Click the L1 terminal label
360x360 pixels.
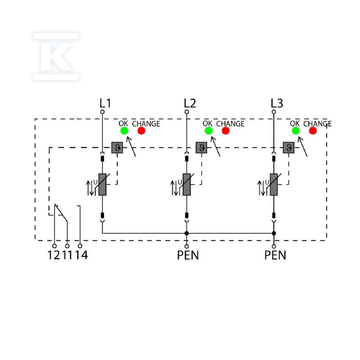point(105,103)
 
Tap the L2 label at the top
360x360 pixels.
point(190,103)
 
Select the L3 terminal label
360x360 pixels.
point(277,103)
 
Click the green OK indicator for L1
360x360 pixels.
point(125,130)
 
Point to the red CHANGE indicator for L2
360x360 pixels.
point(226,130)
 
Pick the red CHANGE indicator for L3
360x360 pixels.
point(313,130)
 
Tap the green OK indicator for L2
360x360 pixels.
point(209,130)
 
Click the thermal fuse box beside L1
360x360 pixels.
point(117,148)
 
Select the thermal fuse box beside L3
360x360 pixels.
point(288,148)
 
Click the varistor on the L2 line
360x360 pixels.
point(187,184)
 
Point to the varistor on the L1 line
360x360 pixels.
point(103,184)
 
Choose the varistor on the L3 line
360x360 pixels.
point(274,184)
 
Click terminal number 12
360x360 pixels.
point(54,255)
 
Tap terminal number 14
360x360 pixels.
point(82,255)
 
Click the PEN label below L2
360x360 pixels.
point(188,255)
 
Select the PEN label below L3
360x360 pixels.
point(275,255)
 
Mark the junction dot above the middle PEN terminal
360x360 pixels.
point(187,233)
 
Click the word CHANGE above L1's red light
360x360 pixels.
point(146,124)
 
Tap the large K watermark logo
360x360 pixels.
point(56,57)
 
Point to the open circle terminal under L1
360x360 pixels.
point(103,112)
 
